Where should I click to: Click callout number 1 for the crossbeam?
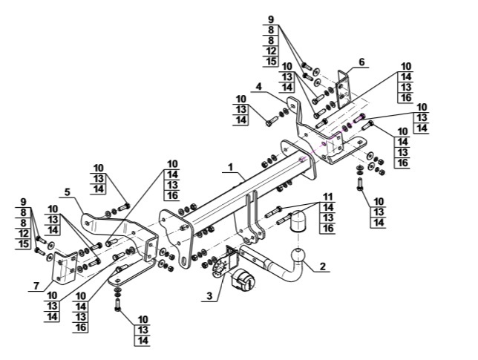coord(230,167)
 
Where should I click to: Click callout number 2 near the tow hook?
coord(323,266)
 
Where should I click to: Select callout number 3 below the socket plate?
coord(209,295)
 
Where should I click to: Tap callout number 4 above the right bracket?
coord(258,86)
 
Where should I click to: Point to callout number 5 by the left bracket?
coord(68,192)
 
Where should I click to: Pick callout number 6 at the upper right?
coord(361,62)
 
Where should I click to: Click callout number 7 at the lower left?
coord(36,286)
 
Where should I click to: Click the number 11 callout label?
coord(328,197)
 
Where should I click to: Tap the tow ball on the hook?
coord(298,255)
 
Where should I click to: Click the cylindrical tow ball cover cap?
coord(298,221)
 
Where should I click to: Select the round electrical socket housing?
coord(243,281)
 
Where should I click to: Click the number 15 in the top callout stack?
coord(271,61)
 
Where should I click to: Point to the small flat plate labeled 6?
coord(344,89)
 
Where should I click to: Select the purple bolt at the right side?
coord(359,118)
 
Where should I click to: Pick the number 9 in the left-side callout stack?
coord(23,202)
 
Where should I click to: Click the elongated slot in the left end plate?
coord(184,262)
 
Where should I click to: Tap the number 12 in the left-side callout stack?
coord(24,234)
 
